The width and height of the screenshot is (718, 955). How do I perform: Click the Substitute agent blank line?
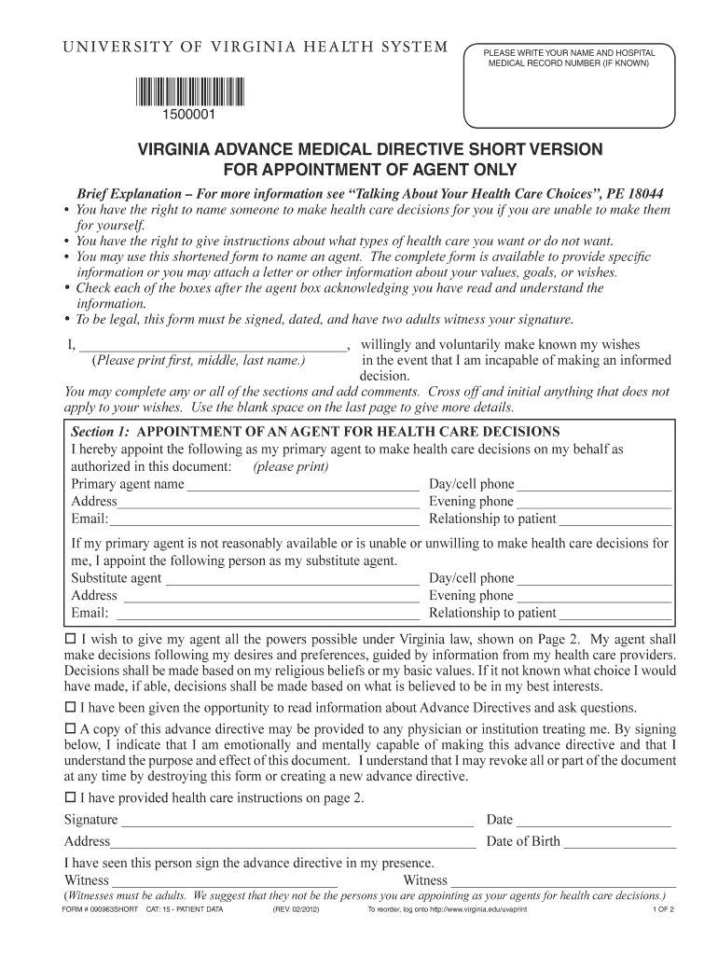click(x=291, y=579)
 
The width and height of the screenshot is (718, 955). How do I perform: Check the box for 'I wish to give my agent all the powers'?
click(x=69, y=640)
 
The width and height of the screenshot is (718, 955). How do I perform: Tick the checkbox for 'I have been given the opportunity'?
click(x=69, y=707)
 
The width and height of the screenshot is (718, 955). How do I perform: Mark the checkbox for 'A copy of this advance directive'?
click(x=69, y=727)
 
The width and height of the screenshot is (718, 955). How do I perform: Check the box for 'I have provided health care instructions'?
click(x=69, y=797)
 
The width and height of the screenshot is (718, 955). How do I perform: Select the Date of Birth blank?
click(x=619, y=842)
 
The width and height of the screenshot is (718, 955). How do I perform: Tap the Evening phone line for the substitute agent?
click(x=594, y=597)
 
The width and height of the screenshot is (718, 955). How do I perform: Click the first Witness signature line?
click(x=225, y=881)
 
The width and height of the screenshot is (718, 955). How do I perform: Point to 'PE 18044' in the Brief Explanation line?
click(x=634, y=194)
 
